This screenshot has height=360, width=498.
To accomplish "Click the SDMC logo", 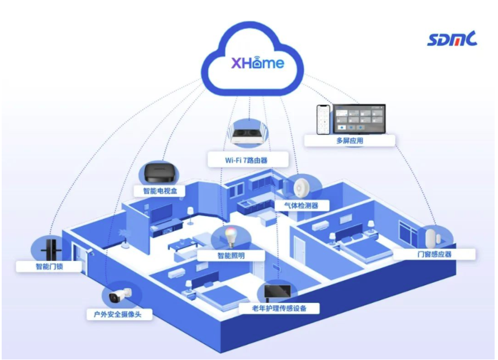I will pyautogui.click(x=452, y=40).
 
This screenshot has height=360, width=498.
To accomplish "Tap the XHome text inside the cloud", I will pyautogui.click(x=258, y=62).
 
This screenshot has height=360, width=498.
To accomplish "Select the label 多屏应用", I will pyautogui.click(x=350, y=141).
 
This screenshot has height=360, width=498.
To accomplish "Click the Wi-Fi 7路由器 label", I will pyautogui.click(x=246, y=160).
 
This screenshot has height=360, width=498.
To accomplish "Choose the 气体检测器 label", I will pyautogui.click(x=302, y=206).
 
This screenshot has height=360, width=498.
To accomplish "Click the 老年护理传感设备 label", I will pyautogui.click(x=279, y=308).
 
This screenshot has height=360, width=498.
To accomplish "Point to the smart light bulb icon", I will pyautogui.click(x=229, y=236).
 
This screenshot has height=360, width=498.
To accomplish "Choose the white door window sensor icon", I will pyautogui.click(x=431, y=237).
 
